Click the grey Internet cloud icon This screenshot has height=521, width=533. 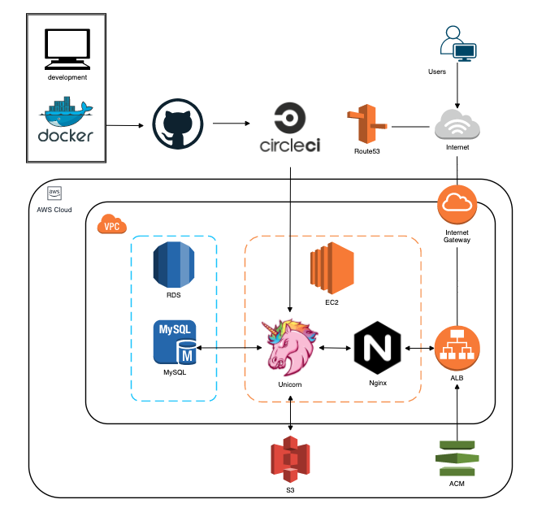pyautogui.click(x=457, y=126)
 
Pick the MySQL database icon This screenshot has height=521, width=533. pyautogui.click(x=174, y=342)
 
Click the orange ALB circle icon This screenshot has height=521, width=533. pyautogui.click(x=457, y=347)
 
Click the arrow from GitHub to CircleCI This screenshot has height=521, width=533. pyautogui.click(x=231, y=124)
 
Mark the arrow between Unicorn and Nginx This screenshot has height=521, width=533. pyautogui.click(x=333, y=348)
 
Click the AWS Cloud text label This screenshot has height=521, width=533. pyautogui.click(x=55, y=209)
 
